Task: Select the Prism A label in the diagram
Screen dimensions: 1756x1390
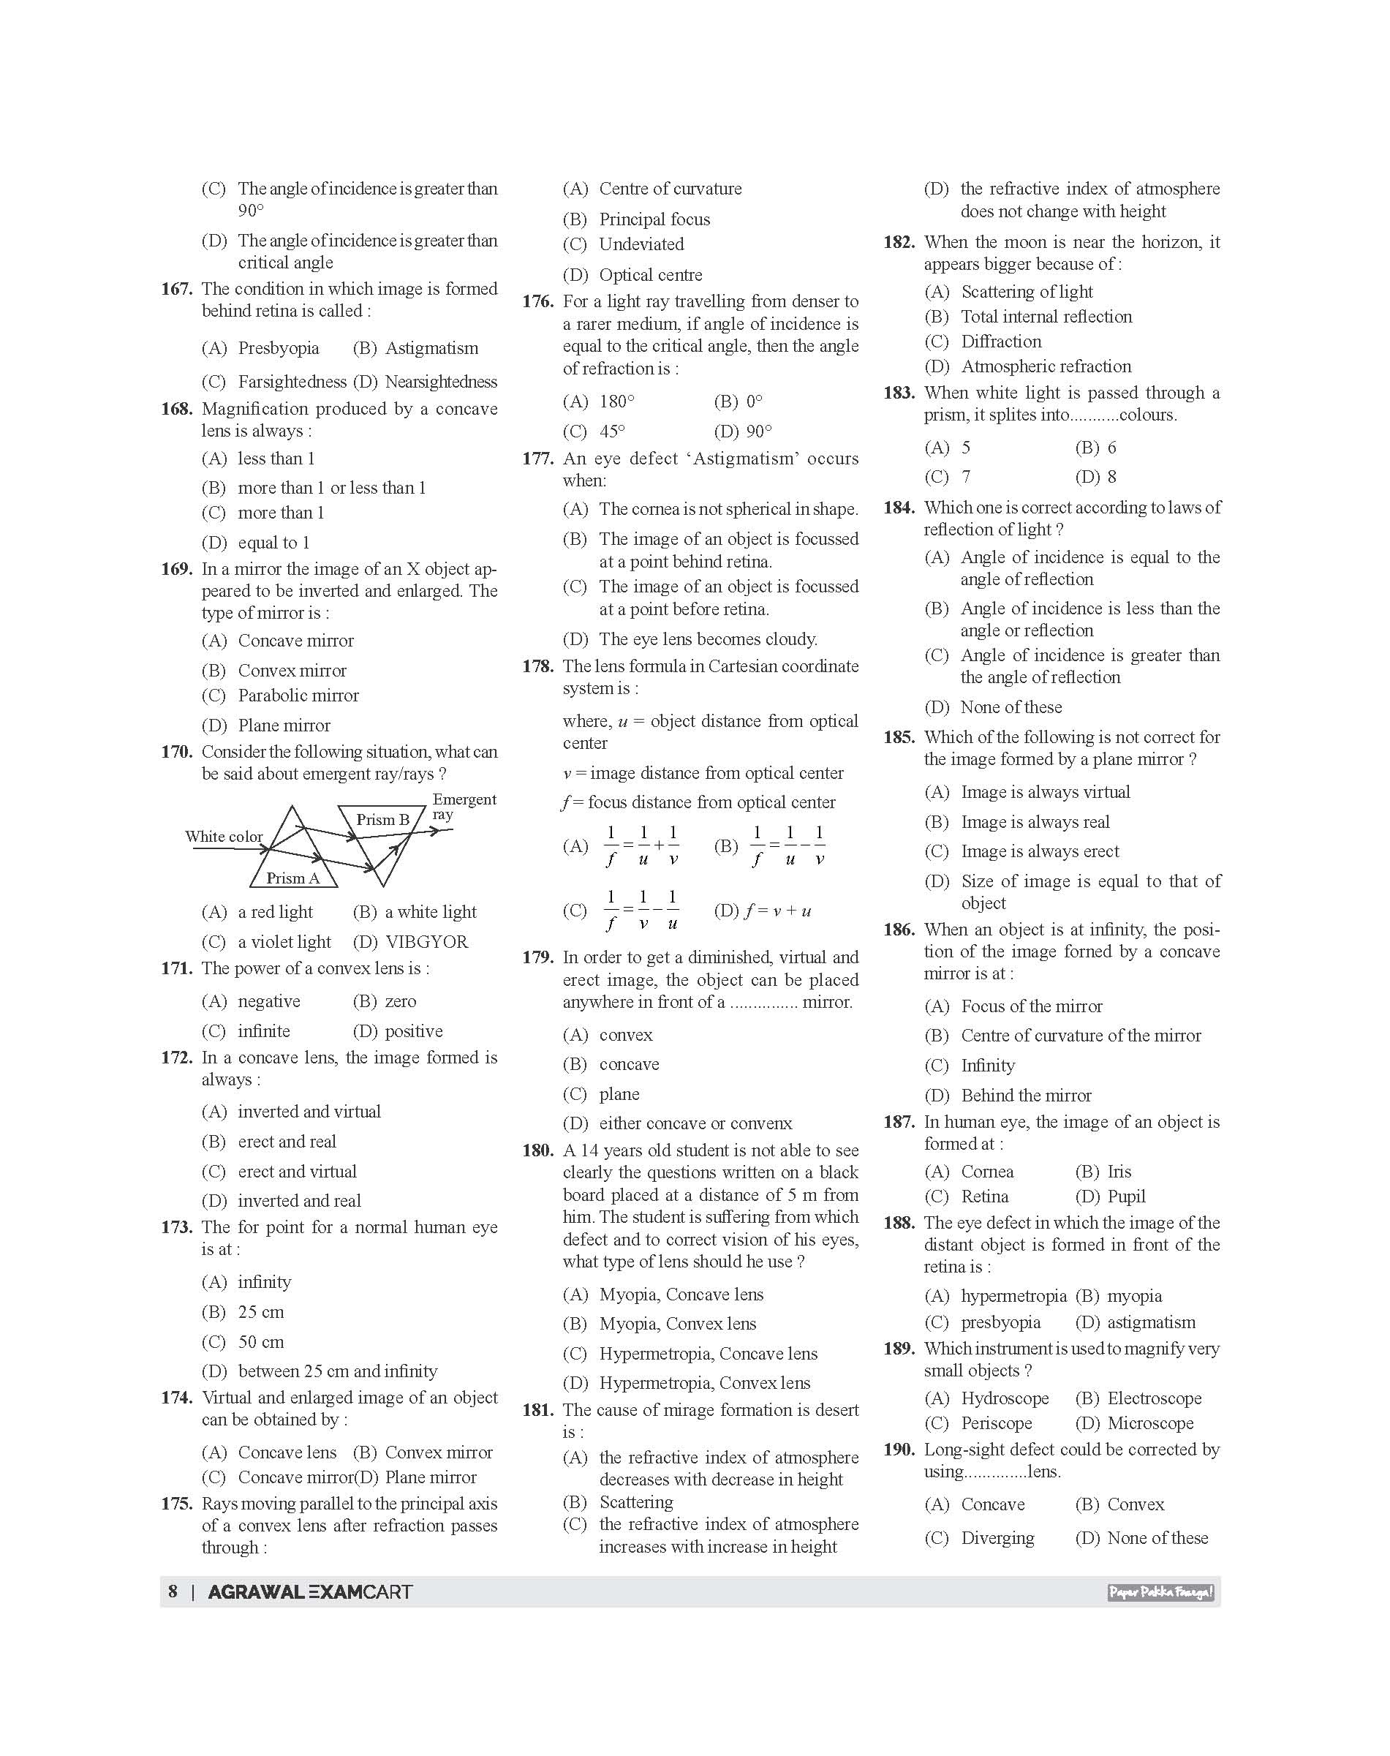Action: [293, 878]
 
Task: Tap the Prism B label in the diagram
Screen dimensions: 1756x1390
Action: [382, 819]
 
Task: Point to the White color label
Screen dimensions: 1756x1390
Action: [224, 836]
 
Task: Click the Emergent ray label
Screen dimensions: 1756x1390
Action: [463, 806]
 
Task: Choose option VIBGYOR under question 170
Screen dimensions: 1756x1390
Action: [426, 942]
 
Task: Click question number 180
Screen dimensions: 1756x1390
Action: [537, 1150]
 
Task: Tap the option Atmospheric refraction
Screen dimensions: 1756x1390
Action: [1046, 366]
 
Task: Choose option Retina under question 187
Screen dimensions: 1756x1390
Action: [984, 1197]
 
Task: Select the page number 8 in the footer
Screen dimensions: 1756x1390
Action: [173, 1591]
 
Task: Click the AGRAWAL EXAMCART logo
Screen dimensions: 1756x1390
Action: [310, 1591]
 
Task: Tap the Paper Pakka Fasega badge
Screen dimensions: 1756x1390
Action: [1160, 1592]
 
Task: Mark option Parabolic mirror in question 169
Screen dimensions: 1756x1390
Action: [298, 696]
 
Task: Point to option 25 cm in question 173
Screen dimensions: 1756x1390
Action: [260, 1311]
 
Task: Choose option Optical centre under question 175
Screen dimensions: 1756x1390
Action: [650, 275]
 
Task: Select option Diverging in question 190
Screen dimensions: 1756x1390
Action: [997, 1538]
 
